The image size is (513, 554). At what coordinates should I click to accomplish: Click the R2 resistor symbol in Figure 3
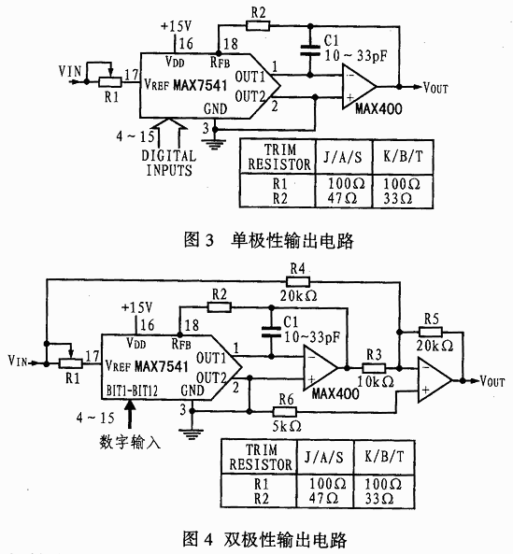(x=258, y=26)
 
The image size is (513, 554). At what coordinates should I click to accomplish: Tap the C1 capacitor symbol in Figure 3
(x=310, y=50)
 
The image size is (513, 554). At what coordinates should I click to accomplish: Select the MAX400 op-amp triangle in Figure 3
(x=359, y=87)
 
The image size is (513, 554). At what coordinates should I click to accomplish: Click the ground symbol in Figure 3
(x=214, y=144)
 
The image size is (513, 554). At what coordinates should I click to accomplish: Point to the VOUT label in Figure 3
(x=435, y=88)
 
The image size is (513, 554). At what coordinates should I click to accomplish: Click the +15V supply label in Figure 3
(x=176, y=26)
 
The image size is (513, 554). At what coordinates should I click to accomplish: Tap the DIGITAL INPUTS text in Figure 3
(x=169, y=163)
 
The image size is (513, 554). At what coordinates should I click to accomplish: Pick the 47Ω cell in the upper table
(x=342, y=198)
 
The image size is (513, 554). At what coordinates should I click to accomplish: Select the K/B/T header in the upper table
(x=403, y=156)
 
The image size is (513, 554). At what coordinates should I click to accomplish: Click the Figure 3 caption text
(x=268, y=240)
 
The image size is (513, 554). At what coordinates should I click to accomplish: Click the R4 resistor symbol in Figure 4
(x=297, y=281)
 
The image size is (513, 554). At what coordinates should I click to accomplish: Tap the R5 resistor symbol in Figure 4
(x=431, y=332)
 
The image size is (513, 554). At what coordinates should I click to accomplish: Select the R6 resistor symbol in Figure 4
(x=285, y=412)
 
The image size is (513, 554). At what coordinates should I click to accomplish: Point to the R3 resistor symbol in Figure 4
(x=374, y=368)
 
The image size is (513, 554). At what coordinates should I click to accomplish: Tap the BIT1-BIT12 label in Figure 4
(x=132, y=391)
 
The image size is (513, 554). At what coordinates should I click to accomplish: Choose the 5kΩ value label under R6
(x=287, y=426)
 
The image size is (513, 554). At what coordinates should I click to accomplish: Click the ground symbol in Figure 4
(x=192, y=433)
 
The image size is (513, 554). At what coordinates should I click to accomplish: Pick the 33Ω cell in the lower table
(x=379, y=499)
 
